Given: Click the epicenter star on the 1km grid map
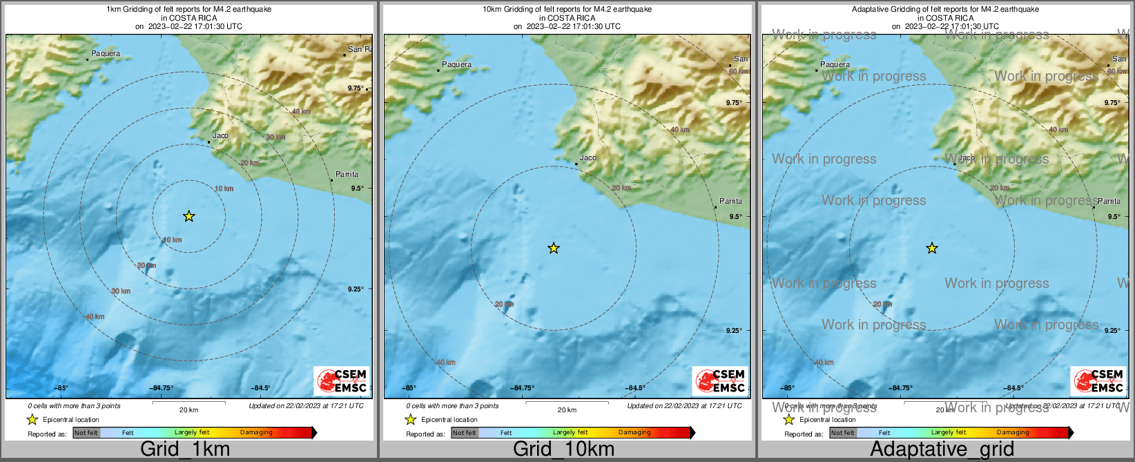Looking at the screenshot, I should pyautogui.click(x=189, y=216).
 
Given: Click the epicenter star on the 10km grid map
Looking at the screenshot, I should pyautogui.click(x=554, y=248).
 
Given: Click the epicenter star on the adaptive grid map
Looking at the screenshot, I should pyautogui.click(x=932, y=248).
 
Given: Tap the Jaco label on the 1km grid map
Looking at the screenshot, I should pyautogui.click(x=220, y=135).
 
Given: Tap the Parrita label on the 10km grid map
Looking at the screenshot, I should pyautogui.click(x=730, y=201).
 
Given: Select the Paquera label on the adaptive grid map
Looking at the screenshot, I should pyautogui.click(x=835, y=64).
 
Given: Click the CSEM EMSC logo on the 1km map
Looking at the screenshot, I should pyautogui.click(x=342, y=381).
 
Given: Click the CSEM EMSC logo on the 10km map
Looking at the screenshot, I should pyautogui.click(x=720, y=381).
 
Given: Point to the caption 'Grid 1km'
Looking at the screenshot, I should pyautogui.click(x=185, y=449).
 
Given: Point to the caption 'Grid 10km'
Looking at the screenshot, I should pyautogui.click(x=563, y=449).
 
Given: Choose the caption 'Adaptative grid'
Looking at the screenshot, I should pyautogui.click(x=942, y=449).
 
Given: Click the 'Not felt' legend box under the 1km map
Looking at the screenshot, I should pyautogui.click(x=86, y=433).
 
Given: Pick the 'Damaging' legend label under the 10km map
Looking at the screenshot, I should pyautogui.click(x=634, y=433).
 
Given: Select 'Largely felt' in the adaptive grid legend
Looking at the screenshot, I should pyautogui.click(x=949, y=433).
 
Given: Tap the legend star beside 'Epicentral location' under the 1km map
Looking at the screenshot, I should pyautogui.click(x=32, y=419).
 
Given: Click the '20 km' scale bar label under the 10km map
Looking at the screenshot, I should pyautogui.click(x=567, y=410).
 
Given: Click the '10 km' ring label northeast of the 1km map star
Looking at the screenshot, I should pyautogui.click(x=224, y=189).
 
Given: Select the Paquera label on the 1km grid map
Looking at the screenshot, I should pyautogui.click(x=106, y=53).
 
